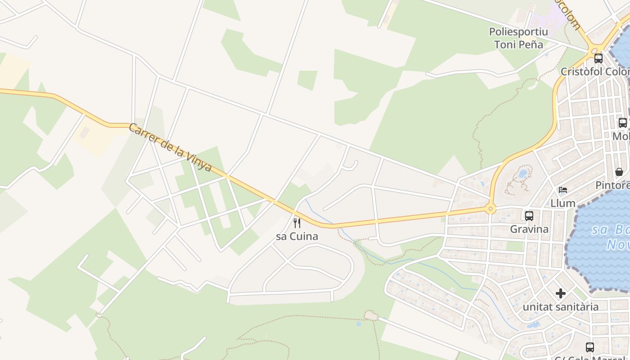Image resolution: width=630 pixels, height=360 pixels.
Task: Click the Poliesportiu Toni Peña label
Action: (x=518, y=38)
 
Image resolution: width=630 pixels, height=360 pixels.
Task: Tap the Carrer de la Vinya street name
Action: (x=170, y=147)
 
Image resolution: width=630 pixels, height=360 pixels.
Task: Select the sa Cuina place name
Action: (x=297, y=236)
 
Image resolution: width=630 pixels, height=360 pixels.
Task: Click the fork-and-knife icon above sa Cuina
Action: (x=297, y=223)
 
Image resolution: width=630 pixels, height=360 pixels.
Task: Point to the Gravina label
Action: (x=529, y=229)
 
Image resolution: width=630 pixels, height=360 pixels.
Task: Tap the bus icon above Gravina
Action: (x=529, y=216)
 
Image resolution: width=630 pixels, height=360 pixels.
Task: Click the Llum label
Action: (x=563, y=203)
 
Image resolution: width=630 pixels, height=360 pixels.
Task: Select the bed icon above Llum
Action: (x=563, y=190)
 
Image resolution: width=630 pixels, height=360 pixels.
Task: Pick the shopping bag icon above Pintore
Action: (x=619, y=172)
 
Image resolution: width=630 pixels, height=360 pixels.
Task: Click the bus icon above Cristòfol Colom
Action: (x=598, y=58)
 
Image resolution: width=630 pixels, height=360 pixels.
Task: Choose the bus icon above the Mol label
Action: (x=623, y=122)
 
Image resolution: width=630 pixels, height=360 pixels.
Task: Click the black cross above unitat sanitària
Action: (x=560, y=293)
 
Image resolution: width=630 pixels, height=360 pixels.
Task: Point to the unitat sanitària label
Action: (x=560, y=307)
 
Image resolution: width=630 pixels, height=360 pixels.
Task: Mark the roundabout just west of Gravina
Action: (x=490, y=209)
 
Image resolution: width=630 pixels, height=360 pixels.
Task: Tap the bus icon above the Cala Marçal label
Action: (x=589, y=347)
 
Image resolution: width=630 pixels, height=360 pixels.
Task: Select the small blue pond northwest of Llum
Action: (x=523, y=173)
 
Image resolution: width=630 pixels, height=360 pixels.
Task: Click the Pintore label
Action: (x=612, y=185)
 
